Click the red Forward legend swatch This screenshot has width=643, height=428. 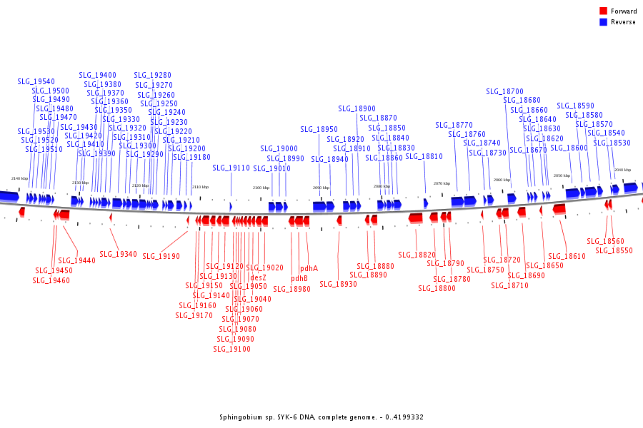pos(603,11)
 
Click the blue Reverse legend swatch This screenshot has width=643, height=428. pos(603,22)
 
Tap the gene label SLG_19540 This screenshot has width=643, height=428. pos(36,82)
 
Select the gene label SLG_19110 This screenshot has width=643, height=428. pos(231,168)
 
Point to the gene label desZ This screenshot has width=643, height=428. pos(259,277)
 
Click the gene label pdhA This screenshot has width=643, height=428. pos(309,269)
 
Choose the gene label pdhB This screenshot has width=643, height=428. pos(299,278)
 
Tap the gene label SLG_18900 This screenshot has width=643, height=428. pos(357,109)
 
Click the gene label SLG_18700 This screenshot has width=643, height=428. pos(504,91)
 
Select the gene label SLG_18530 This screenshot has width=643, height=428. pos(612,143)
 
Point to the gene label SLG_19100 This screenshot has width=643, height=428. pos(232,349)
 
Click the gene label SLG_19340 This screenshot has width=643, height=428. pos(118,254)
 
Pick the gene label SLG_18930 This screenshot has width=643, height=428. pos(338,284)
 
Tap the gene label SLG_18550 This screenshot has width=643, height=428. pos(614,250)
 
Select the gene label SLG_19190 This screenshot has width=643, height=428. pos(161,255)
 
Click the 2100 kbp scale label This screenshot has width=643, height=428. pos(261,188)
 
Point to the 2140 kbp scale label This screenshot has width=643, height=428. pos(19,178)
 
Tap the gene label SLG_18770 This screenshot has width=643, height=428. pos(454,125)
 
